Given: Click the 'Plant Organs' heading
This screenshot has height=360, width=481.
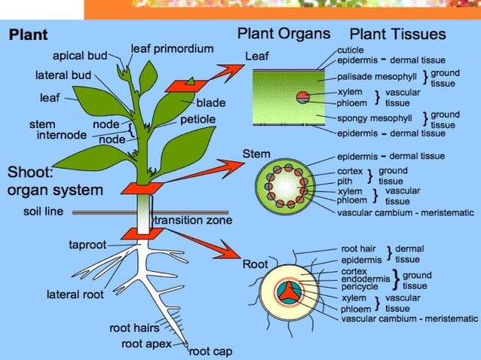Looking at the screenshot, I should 283,34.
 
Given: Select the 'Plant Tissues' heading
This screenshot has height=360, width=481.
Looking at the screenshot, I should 398,35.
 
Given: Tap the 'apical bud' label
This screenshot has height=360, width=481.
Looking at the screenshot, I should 79,56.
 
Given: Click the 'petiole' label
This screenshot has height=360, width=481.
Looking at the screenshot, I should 198,119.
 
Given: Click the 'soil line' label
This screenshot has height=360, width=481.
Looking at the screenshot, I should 44,212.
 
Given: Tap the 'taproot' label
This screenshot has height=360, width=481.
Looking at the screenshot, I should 87,245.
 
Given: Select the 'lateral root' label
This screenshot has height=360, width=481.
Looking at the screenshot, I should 75,294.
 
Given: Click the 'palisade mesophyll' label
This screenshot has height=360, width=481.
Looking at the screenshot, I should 376,77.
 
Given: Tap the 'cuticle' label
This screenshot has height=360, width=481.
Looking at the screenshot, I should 351,50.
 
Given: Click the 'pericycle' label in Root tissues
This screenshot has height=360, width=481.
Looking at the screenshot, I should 360,287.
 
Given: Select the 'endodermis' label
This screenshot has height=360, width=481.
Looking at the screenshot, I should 365,279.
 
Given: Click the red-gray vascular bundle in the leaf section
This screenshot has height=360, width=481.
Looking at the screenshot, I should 302,96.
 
